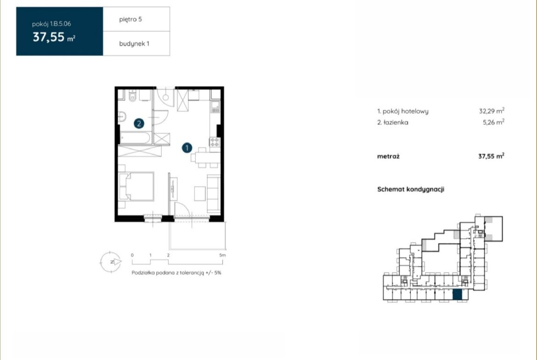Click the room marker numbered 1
tap(187, 148)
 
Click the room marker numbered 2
tap(139, 123)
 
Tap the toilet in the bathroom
tap(133, 96)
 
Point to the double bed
tap(136, 186)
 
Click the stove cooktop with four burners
tap(215, 142)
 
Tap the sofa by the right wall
tap(214, 194)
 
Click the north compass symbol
tap(111, 262)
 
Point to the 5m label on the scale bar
tap(223, 255)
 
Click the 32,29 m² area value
tap(492, 111)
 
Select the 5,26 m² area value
tap(493, 122)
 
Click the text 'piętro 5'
tap(130, 20)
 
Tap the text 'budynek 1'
tap(134, 44)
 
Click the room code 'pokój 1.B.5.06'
tap(51, 24)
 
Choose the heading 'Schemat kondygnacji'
tap(411, 189)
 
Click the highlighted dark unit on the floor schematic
tap(457, 294)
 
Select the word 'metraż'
tap(388, 156)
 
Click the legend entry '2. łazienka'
tap(392, 122)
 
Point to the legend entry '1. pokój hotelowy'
tap(403, 111)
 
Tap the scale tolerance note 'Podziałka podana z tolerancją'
tap(168, 273)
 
